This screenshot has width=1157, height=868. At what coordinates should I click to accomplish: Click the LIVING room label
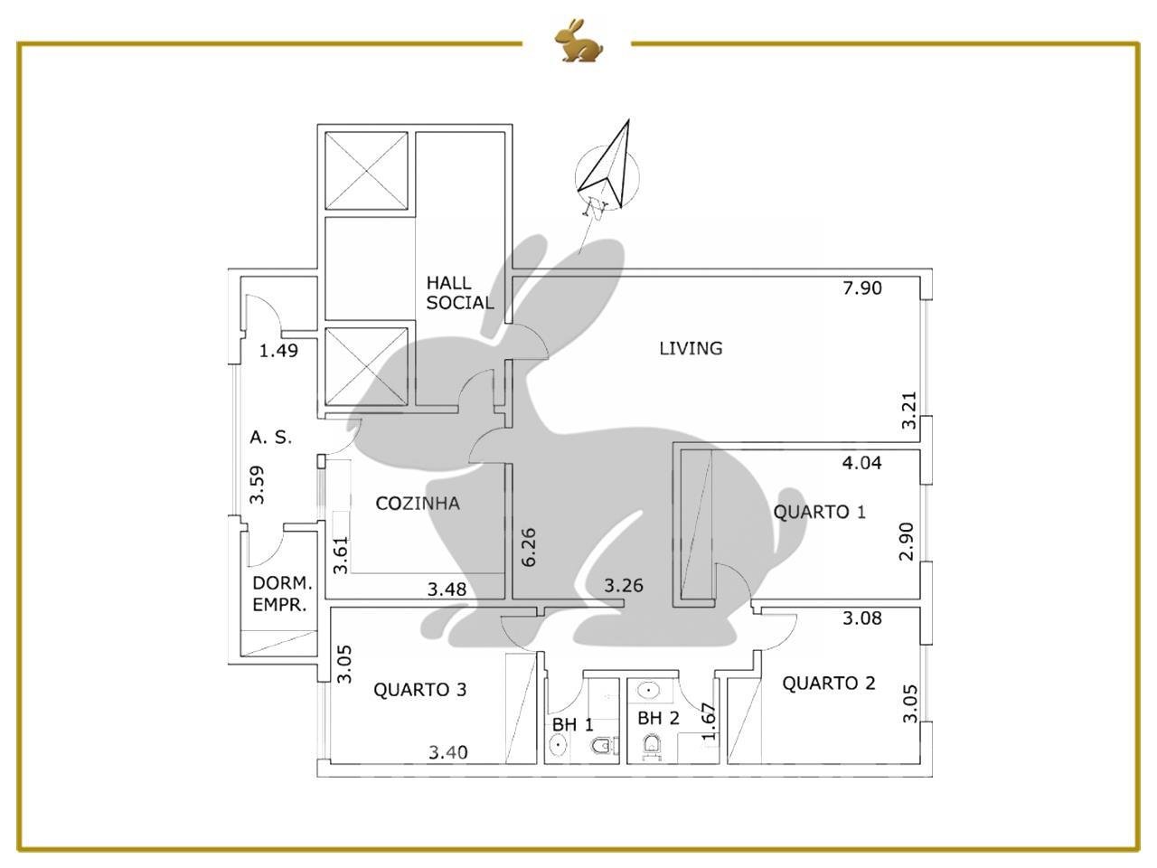pos(691,348)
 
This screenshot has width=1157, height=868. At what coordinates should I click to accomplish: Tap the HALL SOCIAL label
pos(460,293)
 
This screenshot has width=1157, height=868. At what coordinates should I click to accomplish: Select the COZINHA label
pos(418,504)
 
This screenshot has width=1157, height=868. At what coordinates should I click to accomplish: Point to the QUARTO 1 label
pos(819,512)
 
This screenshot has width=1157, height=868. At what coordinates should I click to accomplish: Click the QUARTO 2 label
pos(828,683)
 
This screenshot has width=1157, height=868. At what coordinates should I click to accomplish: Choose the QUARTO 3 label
pos(419,690)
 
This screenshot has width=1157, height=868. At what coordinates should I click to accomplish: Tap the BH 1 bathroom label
pos(572,724)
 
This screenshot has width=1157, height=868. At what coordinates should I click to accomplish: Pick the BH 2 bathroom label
pos(658,718)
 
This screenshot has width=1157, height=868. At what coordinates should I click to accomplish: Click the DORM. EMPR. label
pos(283,594)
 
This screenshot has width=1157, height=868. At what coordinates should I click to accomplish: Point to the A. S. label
pos(270,438)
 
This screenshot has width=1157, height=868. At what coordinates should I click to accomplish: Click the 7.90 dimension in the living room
pos(861,288)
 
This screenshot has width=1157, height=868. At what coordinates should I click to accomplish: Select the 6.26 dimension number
pos(528,548)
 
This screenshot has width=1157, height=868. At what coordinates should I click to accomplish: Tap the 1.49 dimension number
pos(278,351)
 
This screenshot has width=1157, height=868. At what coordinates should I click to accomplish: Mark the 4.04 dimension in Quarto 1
pos(861,463)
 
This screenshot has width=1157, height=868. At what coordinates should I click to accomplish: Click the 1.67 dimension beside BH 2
pos(709,722)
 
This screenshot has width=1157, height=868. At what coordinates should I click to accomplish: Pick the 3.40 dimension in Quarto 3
pos(447,752)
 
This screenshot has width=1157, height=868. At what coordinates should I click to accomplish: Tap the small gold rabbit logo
pos(578,41)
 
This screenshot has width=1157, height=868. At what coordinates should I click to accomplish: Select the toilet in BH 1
pos(603,746)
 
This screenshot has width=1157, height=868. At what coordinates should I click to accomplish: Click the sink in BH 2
pos(648,689)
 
